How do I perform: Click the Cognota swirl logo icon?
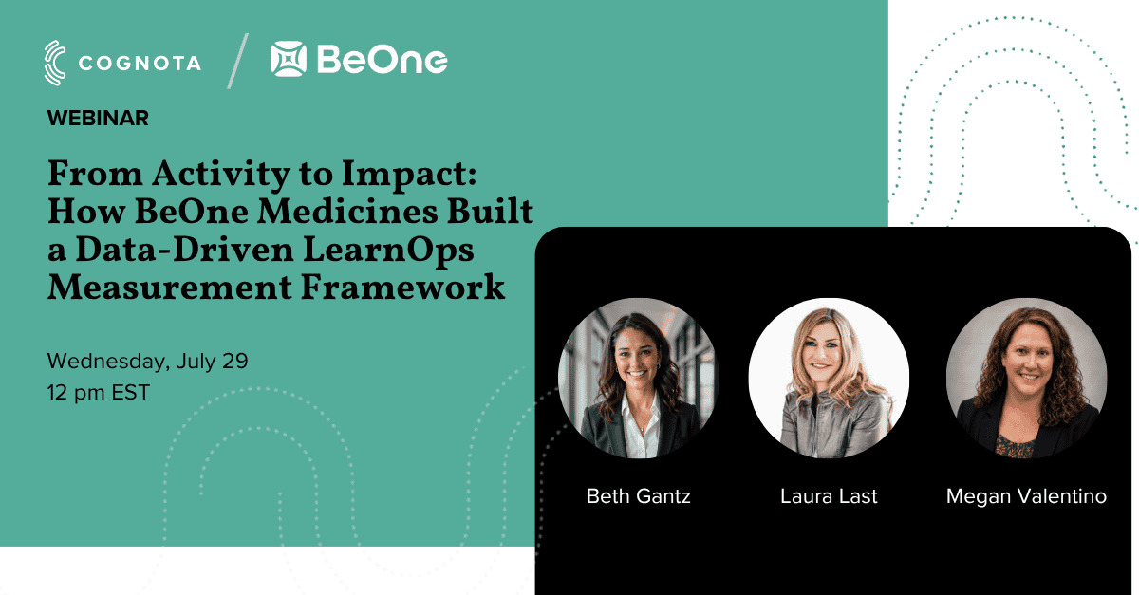55,63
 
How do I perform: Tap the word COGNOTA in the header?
140,64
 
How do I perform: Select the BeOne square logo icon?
289,59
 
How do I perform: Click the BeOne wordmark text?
383,60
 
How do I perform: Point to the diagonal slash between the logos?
237,61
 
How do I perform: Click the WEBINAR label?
98,119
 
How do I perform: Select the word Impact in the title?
409,175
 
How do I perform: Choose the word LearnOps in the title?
388,251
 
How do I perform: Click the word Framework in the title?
402,288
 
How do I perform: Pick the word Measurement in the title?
169,288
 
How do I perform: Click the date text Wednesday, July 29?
147,361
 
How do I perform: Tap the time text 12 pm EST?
99,393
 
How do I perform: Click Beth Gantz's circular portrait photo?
639,378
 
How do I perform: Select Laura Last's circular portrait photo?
829,378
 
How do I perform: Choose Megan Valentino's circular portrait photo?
1026,378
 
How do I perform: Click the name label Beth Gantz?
639,495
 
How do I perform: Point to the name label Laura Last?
829,495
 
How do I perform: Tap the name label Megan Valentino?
1026,495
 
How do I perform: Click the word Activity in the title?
220,175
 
